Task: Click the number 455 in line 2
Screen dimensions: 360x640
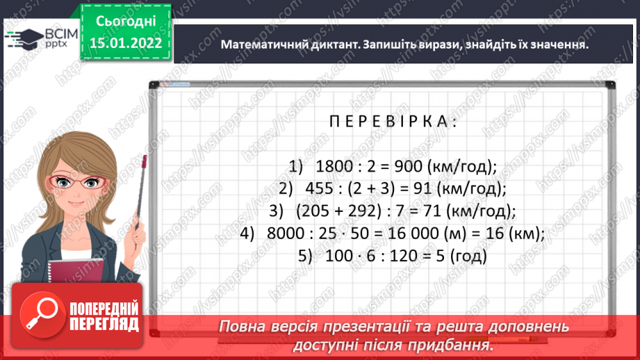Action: (319, 189)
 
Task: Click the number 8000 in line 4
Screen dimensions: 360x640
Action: (284, 234)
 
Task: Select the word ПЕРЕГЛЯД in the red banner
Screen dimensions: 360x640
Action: (104, 324)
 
